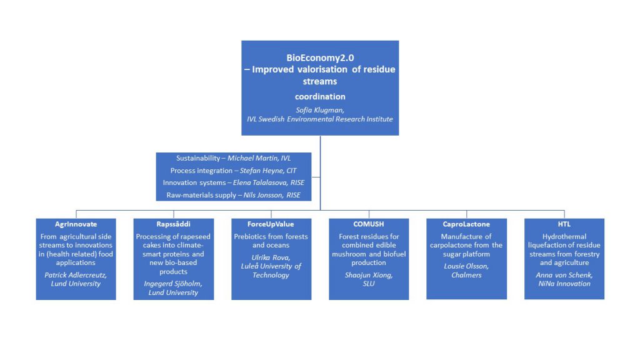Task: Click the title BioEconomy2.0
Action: (x=320, y=58)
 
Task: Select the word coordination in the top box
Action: (x=320, y=97)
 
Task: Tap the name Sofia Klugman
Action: (x=319, y=110)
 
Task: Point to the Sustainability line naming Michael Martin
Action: (x=234, y=158)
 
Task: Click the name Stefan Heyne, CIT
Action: (x=267, y=171)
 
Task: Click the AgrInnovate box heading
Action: (x=76, y=224)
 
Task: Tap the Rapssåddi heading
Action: (x=174, y=224)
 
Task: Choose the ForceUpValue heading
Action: (x=271, y=224)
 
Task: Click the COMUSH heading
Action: (x=369, y=224)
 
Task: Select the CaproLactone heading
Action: (x=466, y=224)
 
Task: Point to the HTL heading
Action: (x=564, y=224)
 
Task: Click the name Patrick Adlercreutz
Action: (x=76, y=275)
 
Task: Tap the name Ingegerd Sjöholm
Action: (x=173, y=284)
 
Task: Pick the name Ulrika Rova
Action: (x=271, y=257)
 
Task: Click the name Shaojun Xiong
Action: (x=369, y=275)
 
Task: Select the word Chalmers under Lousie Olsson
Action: (x=466, y=275)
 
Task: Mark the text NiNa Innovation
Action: (x=564, y=284)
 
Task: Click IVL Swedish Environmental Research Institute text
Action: (x=319, y=119)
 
